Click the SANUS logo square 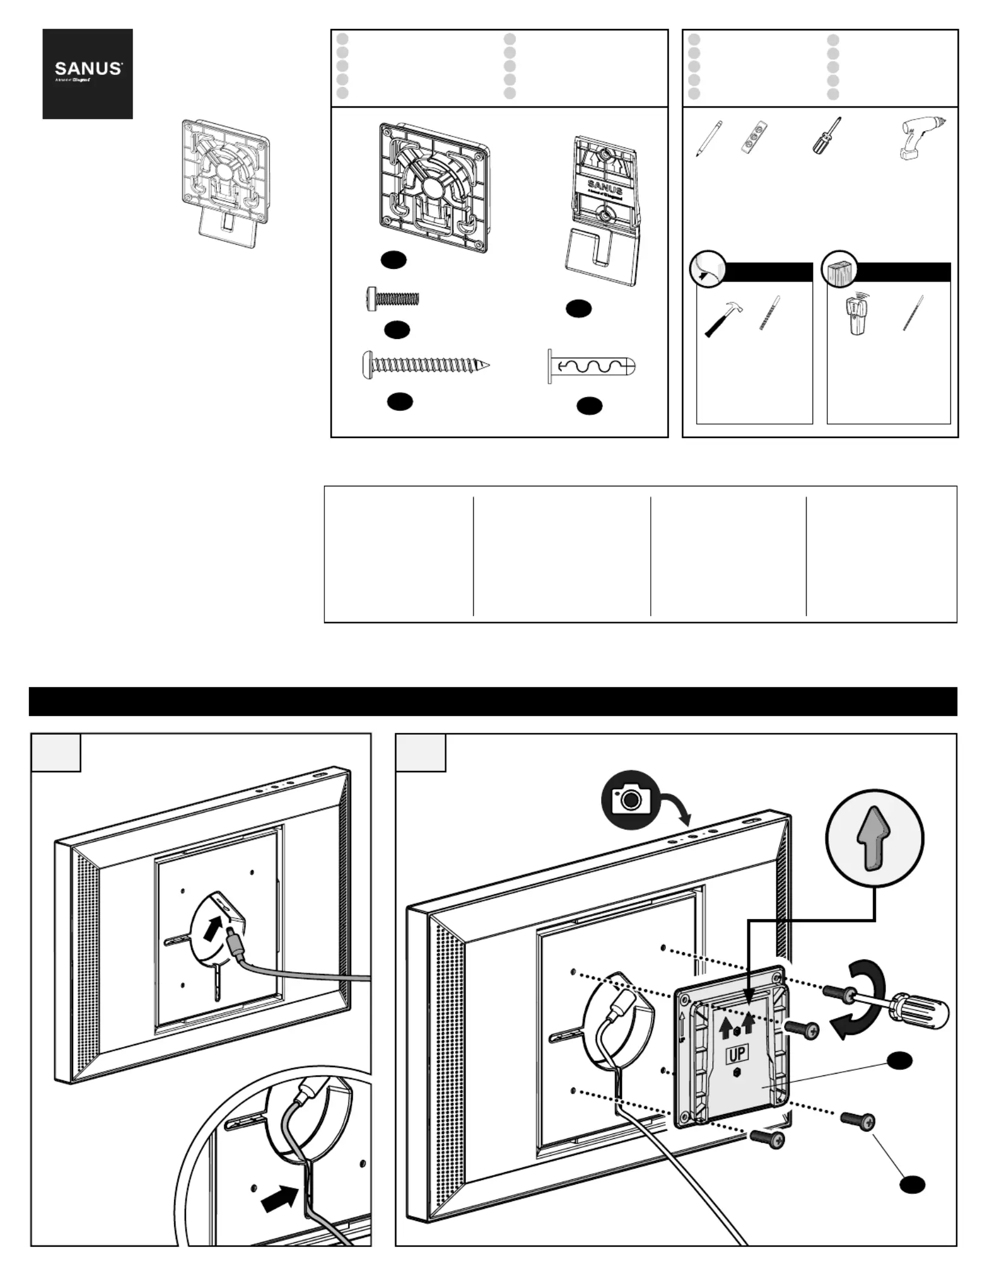[x=88, y=74]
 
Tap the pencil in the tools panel [x=708, y=139]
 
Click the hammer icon [x=723, y=319]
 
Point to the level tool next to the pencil [x=755, y=138]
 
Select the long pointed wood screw [x=426, y=366]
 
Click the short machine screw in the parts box [x=393, y=298]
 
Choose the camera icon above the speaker [x=630, y=799]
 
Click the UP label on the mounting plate [x=737, y=1054]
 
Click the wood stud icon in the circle [x=840, y=268]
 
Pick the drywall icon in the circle [x=708, y=268]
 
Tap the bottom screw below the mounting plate [x=767, y=1139]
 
